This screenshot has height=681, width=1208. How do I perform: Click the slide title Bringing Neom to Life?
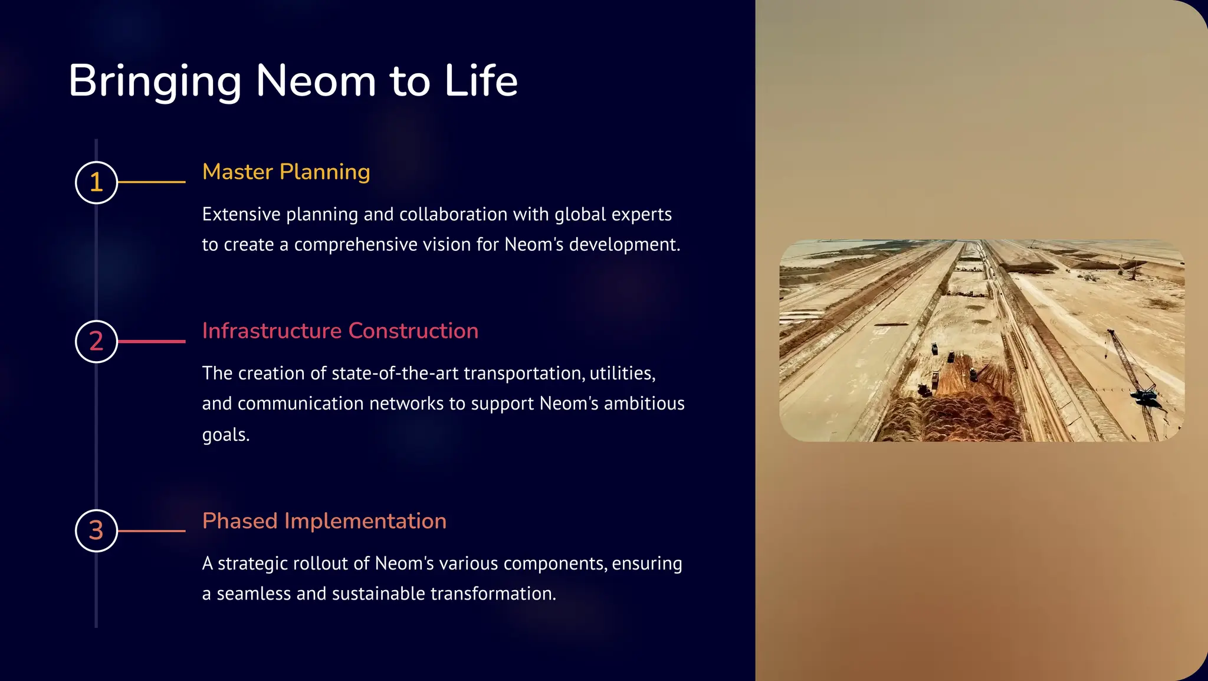pos(293,81)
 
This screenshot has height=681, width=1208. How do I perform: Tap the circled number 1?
pos(97,182)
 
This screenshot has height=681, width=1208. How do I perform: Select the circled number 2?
pos(97,342)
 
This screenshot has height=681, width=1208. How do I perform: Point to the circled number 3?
pos(97,531)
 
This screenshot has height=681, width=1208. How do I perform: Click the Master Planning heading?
pos(286,172)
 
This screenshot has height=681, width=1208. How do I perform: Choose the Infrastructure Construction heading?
pos(340,331)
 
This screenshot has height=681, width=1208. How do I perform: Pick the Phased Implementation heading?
pos(324,521)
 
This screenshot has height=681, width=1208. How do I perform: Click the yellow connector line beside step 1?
pos(152,182)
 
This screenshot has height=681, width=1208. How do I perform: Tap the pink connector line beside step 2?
pos(152,342)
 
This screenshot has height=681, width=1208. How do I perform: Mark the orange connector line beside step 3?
pos(152,531)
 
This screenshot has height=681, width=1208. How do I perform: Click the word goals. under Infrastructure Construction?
pos(226,435)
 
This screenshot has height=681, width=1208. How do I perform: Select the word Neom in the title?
pos(316,81)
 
